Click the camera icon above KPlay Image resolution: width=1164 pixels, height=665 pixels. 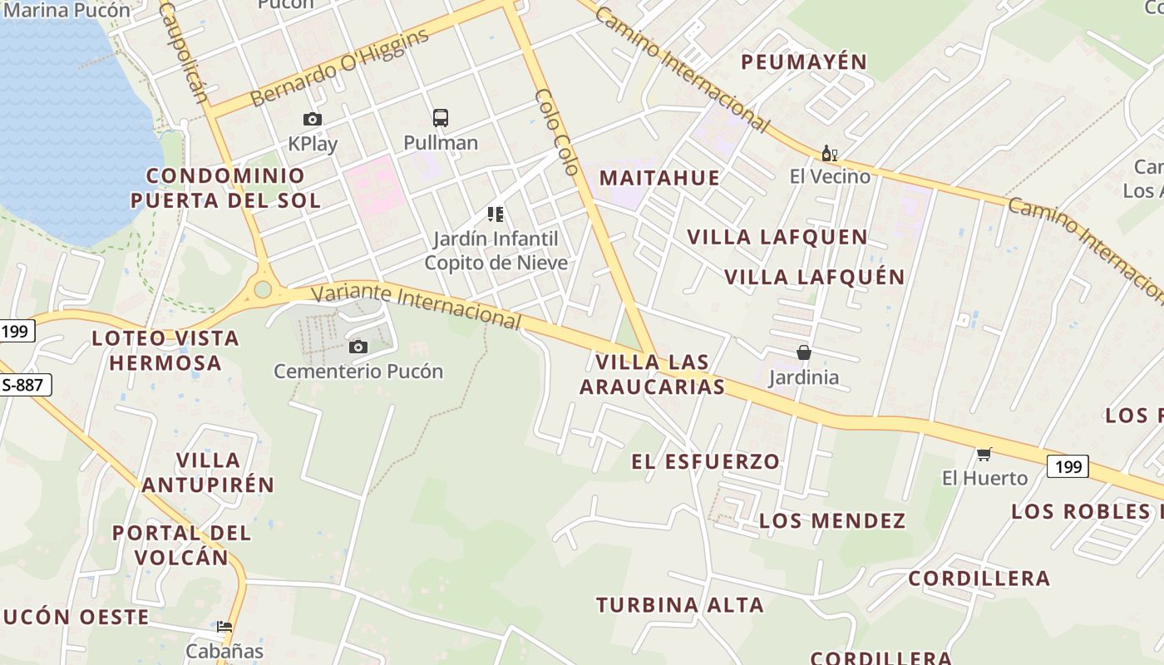pyautogui.click(x=313, y=119)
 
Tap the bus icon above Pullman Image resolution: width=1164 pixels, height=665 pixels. pyautogui.click(x=441, y=118)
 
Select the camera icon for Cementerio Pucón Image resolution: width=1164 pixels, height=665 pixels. pyautogui.click(x=358, y=347)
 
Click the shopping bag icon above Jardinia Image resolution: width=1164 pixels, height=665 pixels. pyautogui.click(x=803, y=352)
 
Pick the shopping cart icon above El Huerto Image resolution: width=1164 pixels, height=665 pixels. pyautogui.click(x=984, y=454)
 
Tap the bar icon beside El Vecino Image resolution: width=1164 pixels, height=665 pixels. pyautogui.click(x=829, y=153)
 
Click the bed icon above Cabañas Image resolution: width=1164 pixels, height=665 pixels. pyautogui.click(x=224, y=627)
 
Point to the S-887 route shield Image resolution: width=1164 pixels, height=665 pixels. pyautogui.click(x=26, y=385)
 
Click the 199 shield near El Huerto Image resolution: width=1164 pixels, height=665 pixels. pyautogui.click(x=1068, y=466)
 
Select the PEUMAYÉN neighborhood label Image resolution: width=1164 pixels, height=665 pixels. pyautogui.click(x=804, y=62)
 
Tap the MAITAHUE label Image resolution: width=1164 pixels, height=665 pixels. pyautogui.click(x=659, y=178)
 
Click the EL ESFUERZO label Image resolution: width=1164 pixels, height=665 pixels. pyautogui.click(x=706, y=461)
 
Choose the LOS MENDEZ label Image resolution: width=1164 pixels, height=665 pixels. pyautogui.click(x=832, y=521)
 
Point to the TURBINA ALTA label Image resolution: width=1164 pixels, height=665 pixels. pyautogui.click(x=680, y=605)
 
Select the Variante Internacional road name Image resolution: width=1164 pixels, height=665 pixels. pyautogui.click(x=416, y=305)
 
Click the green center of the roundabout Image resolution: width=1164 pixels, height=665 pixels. pyautogui.click(x=263, y=289)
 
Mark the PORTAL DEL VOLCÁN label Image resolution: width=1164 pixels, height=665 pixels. pyautogui.click(x=181, y=544)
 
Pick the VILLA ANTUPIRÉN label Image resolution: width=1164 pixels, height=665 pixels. pyautogui.click(x=208, y=472)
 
